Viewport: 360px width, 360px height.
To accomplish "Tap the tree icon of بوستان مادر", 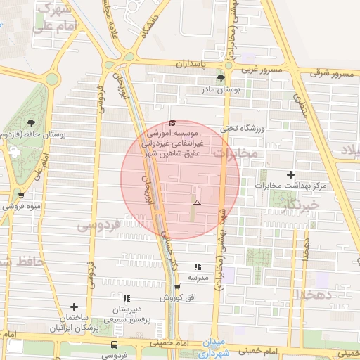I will [x=221, y=78].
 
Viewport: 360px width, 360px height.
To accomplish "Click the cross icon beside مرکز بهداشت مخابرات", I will [x=290, y=174].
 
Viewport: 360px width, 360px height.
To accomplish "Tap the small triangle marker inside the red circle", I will [x=197, y=202].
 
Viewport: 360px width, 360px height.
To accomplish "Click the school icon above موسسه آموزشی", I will [x=173, y=122].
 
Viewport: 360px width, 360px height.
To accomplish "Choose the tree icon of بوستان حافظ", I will [x=30, y=122].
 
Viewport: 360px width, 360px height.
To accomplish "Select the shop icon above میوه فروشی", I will [x=21, y=196].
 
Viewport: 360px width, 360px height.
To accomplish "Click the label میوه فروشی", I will [x=20, y=207].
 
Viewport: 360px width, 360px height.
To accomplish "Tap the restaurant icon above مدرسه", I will [x=198, y=267].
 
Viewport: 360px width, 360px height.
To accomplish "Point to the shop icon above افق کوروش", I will [x=176, y=287].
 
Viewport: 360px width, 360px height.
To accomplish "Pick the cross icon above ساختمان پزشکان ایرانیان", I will [x=74, y=307].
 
